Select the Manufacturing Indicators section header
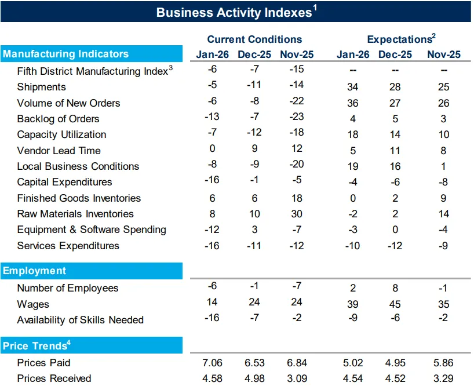pos(65,54)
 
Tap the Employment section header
pos(34,271)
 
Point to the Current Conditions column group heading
pos(254,39)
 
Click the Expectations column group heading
pos(402,39)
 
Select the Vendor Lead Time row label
pos(59,151)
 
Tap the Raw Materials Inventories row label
pos(75,214)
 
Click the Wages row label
pos(33,304)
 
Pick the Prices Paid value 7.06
pos(212,363)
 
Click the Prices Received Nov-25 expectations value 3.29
pos(443,378)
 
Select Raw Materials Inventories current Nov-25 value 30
pos(297,214)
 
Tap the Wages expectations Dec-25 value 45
pos(395,304)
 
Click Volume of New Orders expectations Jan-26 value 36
pos(353,103)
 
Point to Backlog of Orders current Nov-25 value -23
pos(297,116)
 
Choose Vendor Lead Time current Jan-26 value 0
pos(212,148)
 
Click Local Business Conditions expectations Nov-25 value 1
pos(443,166)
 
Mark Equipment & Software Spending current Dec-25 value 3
pos(254,230)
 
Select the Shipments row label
pos(41,87)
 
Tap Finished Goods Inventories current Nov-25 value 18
pos(297,198)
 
